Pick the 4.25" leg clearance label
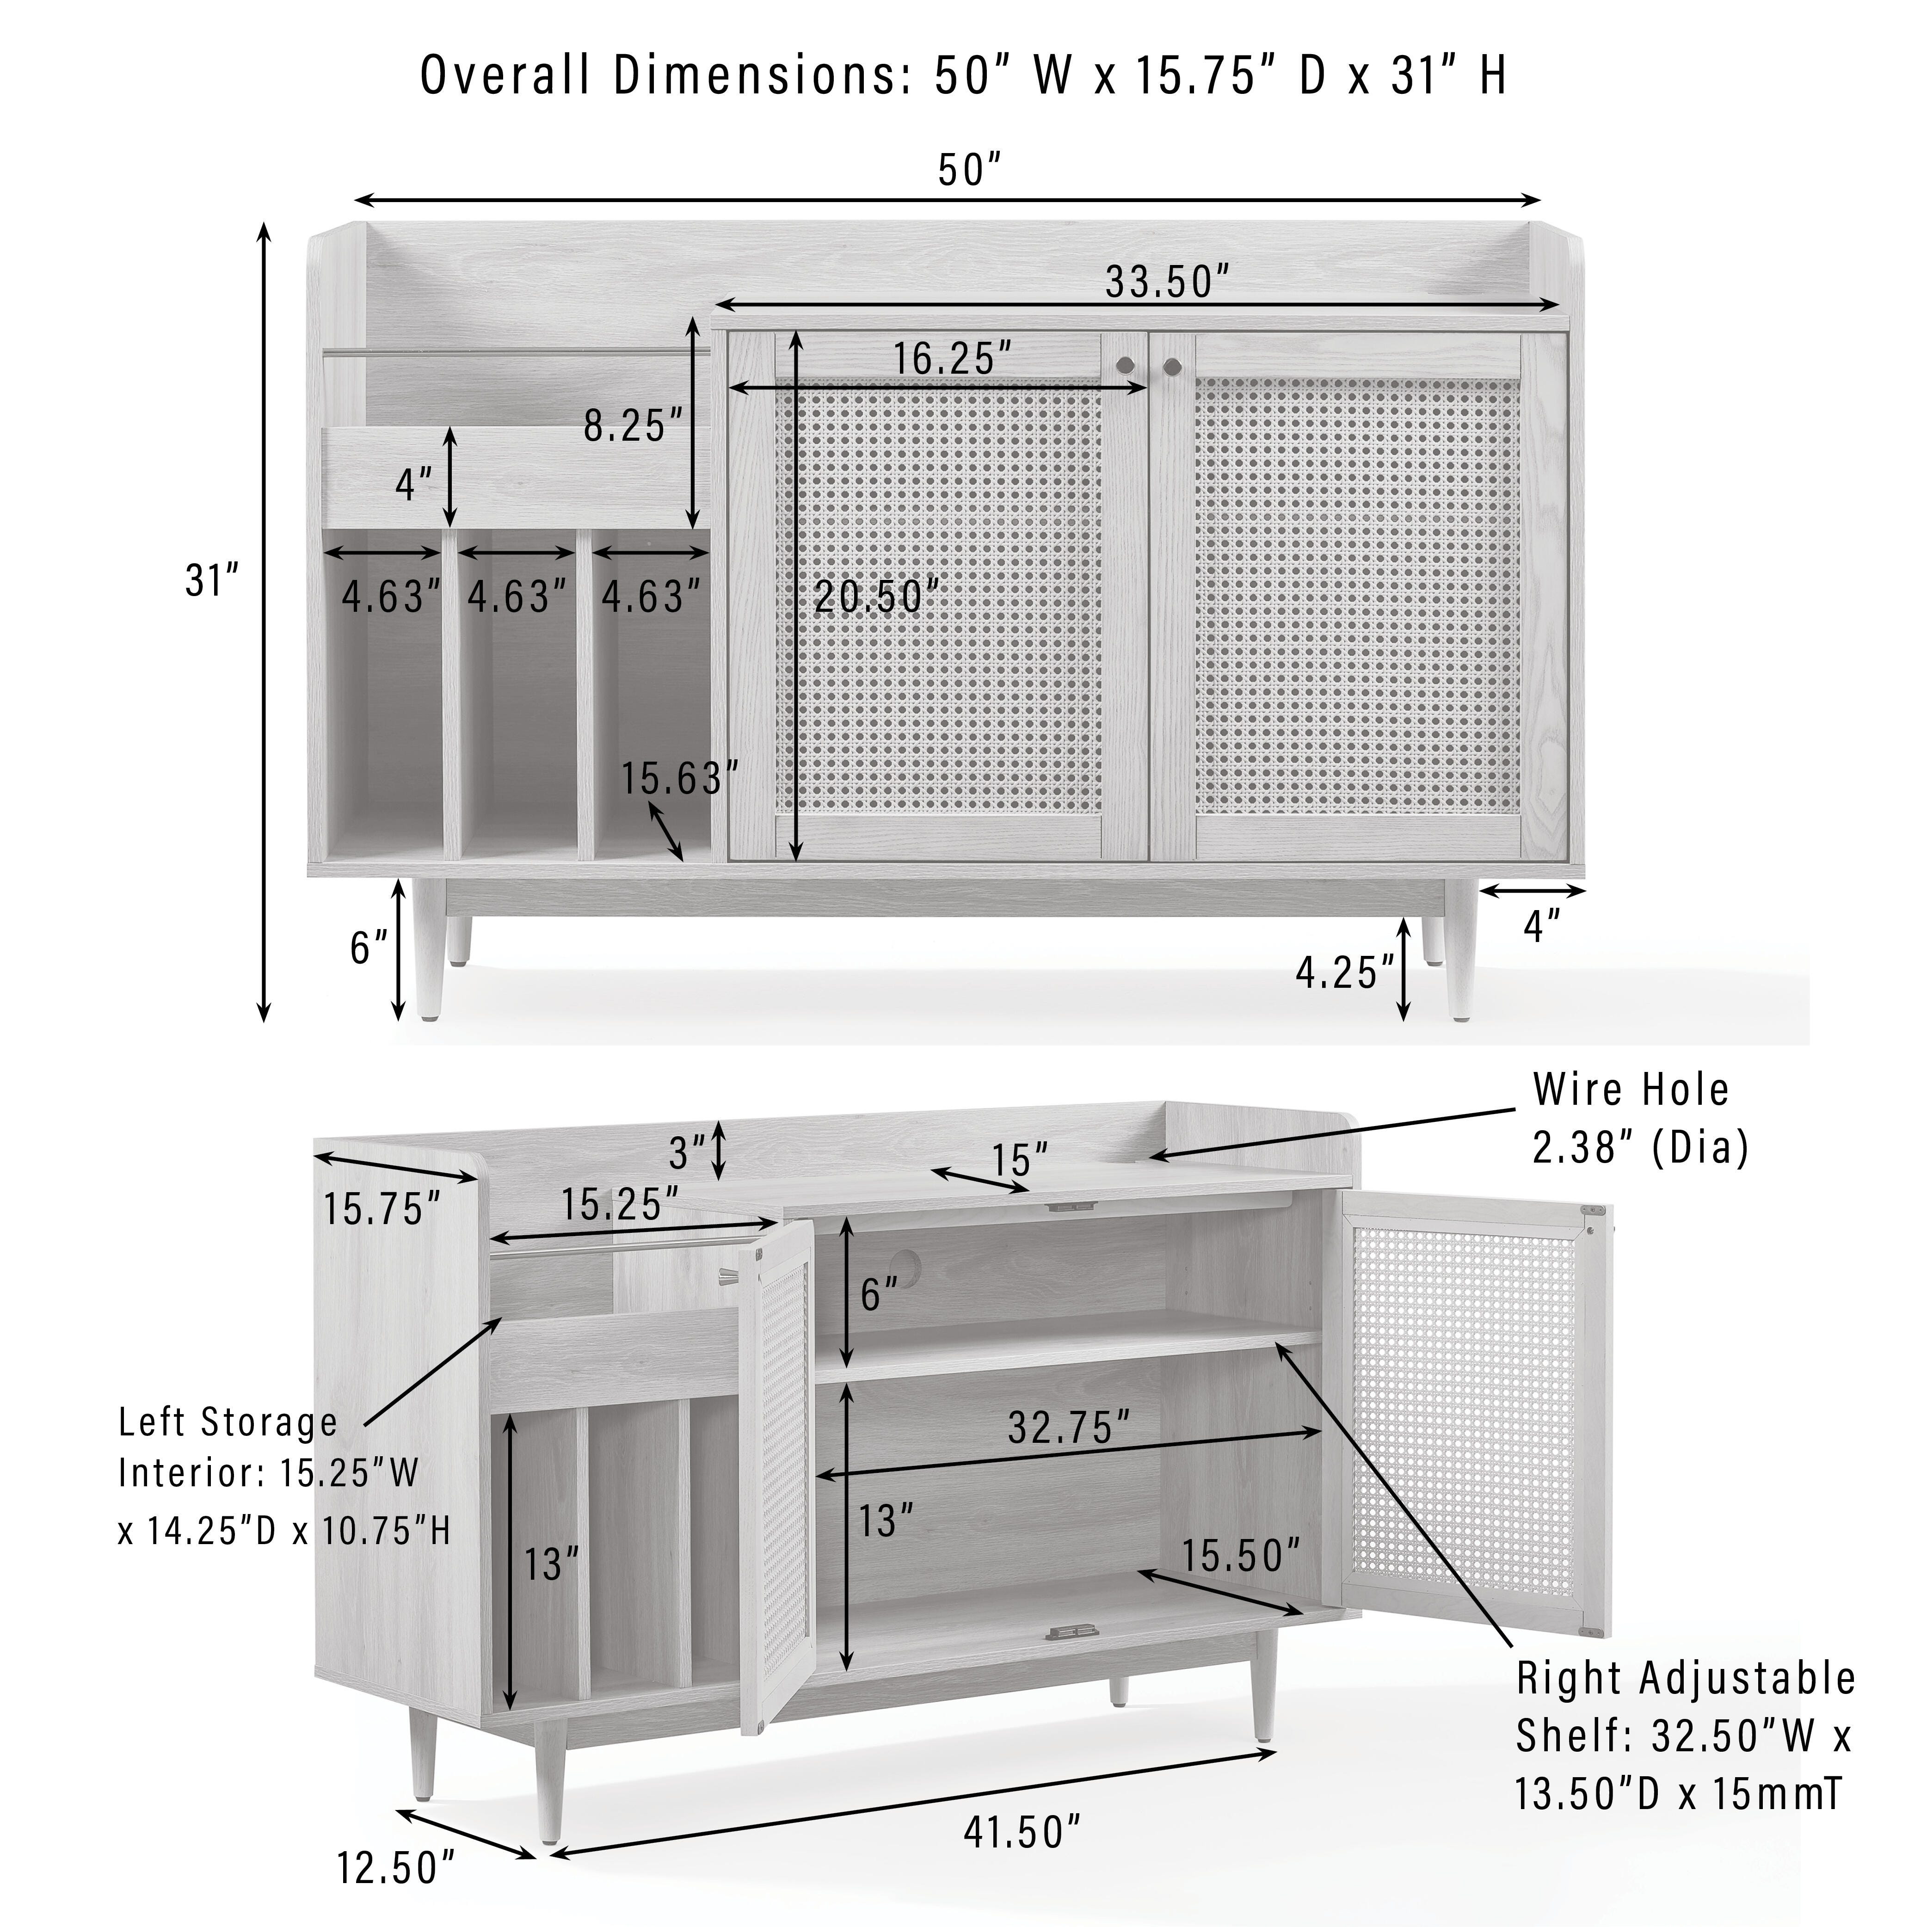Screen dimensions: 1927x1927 click(1344, 973)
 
